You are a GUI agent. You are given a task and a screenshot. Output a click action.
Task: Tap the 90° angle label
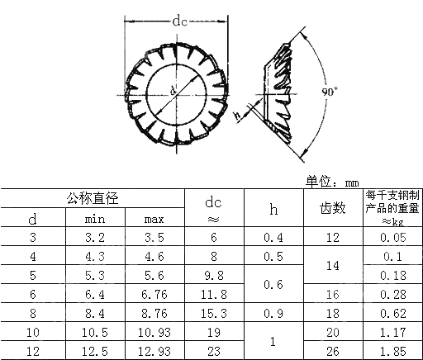click(330, 92)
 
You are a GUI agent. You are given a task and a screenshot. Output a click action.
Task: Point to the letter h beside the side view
click(237, 116)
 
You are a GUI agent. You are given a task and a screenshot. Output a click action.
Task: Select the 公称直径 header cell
click(93, 198)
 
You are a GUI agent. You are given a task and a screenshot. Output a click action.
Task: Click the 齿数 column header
click(332, 209)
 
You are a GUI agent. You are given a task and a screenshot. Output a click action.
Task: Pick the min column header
click(95, 220)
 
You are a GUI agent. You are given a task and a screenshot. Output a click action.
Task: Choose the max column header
click(154, 220)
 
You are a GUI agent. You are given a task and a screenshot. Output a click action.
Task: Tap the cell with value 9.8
click(213, 276)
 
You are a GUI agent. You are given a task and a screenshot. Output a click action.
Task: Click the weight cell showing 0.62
click(392, 314)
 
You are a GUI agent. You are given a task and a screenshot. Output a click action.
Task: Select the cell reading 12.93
click(154, 352)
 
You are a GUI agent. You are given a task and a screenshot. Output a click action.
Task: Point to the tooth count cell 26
click(332, 352)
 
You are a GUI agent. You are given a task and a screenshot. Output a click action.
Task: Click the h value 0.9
click(273, 314)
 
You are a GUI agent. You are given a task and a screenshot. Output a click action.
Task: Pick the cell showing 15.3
click(213, 314)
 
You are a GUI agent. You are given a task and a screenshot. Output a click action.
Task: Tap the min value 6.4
click(95, 295)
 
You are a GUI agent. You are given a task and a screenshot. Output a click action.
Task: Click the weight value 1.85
click(392, 352)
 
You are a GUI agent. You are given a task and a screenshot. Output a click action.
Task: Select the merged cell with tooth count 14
click(332, 266)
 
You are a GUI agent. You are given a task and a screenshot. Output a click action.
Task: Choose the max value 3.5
click(154, 238)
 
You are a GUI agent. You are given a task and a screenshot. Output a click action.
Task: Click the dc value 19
click(213, 333)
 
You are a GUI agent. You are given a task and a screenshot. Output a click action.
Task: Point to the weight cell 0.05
click(392, 238)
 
